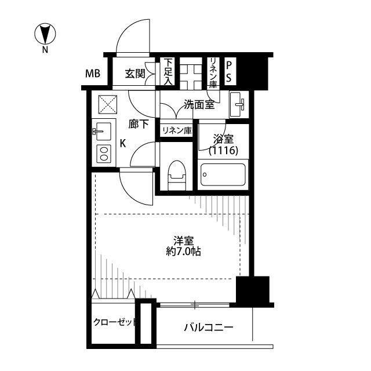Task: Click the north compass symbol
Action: [45, 34]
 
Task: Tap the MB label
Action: [93, 74]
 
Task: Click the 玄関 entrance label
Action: [135, 74]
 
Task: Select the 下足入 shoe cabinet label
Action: [168, 72]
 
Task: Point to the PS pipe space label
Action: [228, 72]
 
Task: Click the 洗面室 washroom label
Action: [199, 104]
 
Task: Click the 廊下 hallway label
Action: [139, 124]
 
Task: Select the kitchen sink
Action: [102, 132]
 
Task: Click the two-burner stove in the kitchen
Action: [104, 153]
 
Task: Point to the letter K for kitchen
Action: [123, 143]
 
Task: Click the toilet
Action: [177, 175]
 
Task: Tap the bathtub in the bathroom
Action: [223, 174]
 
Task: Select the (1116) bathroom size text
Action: [223, 150]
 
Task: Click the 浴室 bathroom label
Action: [223, 139]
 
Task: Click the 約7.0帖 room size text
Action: [183, 252]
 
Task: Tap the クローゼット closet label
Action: [115, 322]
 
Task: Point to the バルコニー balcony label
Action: [209, 328]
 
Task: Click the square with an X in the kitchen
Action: [108, 104]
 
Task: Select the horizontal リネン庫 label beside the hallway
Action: [177, 130]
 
